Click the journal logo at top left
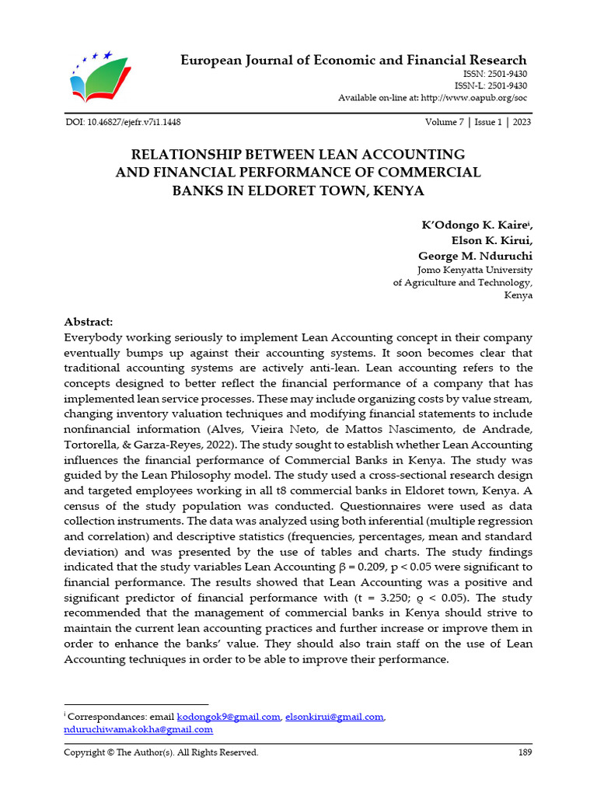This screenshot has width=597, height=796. pyautogui.click(x=100, y=76)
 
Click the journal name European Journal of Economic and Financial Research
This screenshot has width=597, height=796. pyautogui.click(x=354, y=61)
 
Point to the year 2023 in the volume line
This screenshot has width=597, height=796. pyautogui.click(x=522, y=123)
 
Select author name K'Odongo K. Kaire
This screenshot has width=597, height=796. pyautogui.click(x=475, y=225)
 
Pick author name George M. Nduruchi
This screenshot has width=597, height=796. pyautogui.click(x=475, y=255)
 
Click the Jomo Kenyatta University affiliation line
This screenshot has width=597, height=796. pyautogui.click(x=475, y=269)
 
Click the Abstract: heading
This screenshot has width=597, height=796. pyautogui.click(x=88, y=322)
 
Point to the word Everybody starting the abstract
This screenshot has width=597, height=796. pyautogui.click(x=96, y=337)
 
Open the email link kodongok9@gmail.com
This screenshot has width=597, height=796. pyautogui.click(x=229, y=717)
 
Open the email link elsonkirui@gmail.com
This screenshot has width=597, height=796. pyautogui.click(x=334, y=717)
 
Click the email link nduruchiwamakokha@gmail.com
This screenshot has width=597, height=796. pyautogui.click(x=138, y=730)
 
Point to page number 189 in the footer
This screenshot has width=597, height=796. pyautogui.click(x=525, y=752)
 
